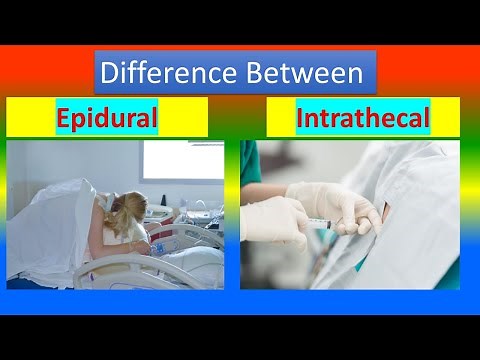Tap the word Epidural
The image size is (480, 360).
click(107, 120)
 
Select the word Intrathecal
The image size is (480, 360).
click(363, 120)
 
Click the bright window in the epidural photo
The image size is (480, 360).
click(182, 160)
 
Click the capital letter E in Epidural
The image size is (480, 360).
click(63, 120)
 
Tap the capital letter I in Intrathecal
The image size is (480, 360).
click(302, 120)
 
